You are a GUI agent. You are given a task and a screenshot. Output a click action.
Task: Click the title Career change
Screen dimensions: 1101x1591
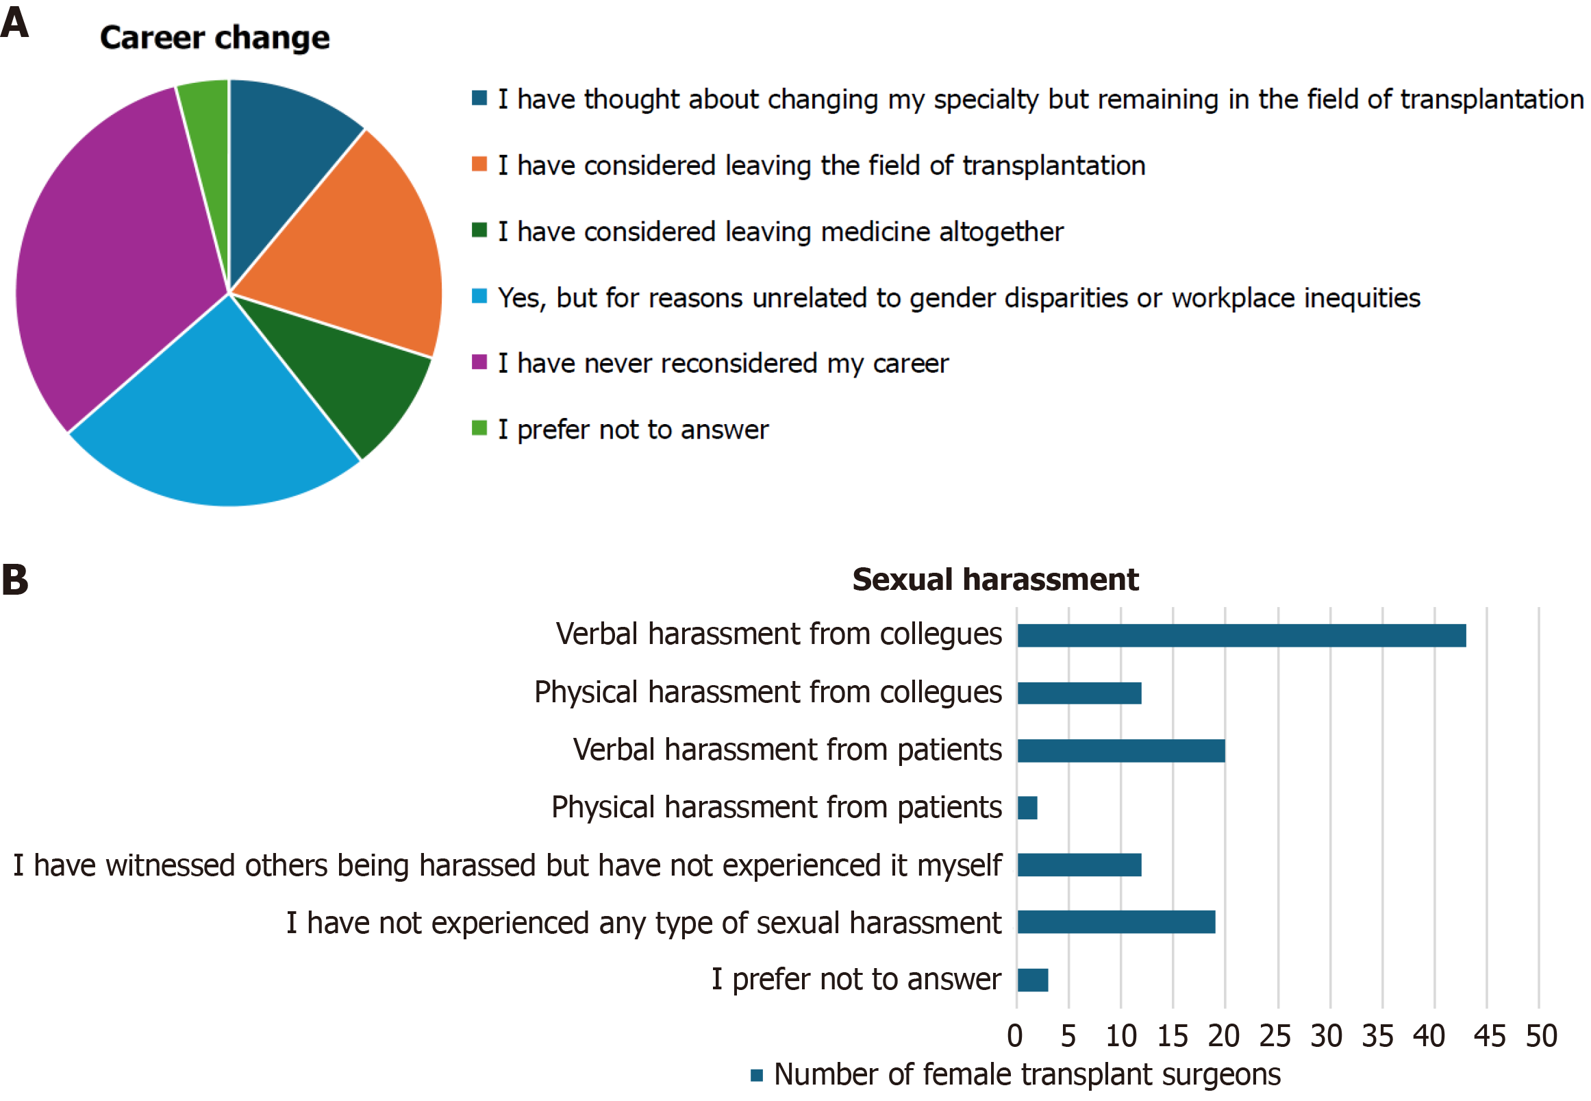click(x=214, y=38)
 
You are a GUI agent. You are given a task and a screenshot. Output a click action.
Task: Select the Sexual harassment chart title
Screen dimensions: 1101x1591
click(x=994, y=580)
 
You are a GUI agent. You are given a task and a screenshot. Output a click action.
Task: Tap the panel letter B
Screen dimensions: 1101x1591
click(x=15, y=580)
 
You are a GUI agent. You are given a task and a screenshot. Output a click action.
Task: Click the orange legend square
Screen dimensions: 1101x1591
click(x=479, y=164)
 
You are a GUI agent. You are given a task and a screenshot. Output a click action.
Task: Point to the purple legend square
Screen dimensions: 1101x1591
click(x=479, y=362)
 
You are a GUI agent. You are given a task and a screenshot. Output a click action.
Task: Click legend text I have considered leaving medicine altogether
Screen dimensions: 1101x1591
click(x=780, y=232)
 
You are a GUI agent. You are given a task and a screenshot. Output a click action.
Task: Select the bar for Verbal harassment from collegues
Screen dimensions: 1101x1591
click(x=1241, y=635)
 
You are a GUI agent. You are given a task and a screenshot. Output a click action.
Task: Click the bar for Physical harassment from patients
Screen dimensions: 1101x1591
click(x=1027, y=808)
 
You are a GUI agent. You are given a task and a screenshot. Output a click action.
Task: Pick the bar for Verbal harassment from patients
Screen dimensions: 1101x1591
click(x=1120, y=750)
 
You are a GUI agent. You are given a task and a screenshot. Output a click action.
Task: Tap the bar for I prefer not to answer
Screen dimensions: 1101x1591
click(x=1032, y=980)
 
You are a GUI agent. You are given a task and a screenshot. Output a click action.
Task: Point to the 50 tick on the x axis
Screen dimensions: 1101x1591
click(x=1540, y=1036)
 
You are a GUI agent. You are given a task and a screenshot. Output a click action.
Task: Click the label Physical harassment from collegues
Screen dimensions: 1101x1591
click(x=768, y=693)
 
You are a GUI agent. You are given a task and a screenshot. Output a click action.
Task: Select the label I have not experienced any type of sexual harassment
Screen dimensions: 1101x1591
click(x=643, y=923)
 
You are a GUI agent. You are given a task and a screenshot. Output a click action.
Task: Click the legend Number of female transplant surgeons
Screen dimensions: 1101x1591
click(x=1026, y=1075)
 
